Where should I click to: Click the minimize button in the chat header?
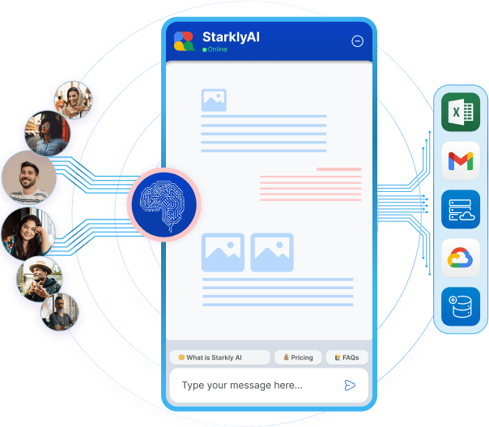(x=357, y=41)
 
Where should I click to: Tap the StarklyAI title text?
(x=232, y=36)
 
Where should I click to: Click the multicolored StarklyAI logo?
(x=185, y=41)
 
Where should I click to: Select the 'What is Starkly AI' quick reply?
(x=219, y=357)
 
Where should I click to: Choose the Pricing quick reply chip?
(x=296, y=357)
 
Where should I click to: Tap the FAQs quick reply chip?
(x=346, y=357)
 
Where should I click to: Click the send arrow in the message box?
(x=350, y=385)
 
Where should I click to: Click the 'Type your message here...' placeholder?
(x=242, y=385)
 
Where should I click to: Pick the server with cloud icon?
(x=461, y=209)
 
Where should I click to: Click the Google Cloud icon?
(x=461, y=258)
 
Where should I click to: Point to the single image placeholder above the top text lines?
(x=215, y=100)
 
